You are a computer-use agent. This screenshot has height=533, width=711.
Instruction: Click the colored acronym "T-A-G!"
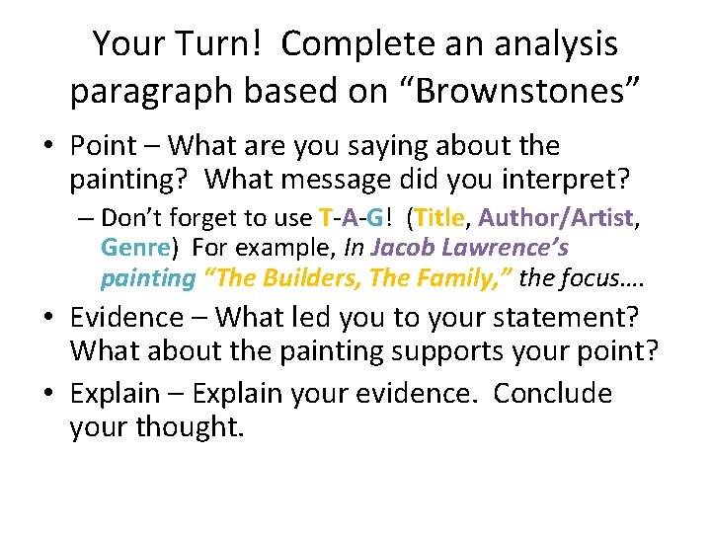(355, 217)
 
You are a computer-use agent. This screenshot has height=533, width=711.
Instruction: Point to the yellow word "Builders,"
(315, 278)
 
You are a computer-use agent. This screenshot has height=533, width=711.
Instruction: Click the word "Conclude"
(552, 393)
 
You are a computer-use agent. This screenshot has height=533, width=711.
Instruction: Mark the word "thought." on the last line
(192, 427)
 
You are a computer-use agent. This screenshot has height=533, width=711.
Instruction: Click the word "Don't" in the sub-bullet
(133, 217)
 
